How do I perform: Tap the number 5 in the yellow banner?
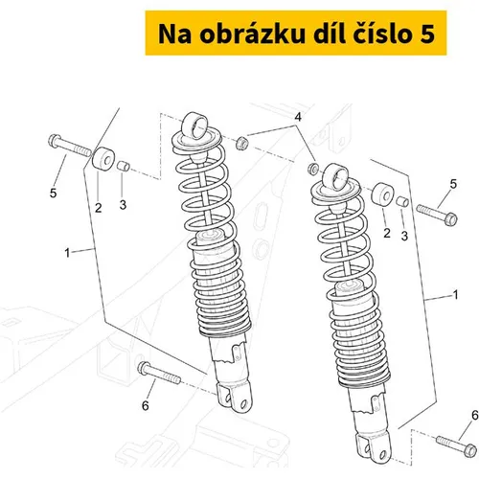pos(425,34)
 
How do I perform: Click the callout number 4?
pos(298,118)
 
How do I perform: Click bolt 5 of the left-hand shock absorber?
pos(70,146)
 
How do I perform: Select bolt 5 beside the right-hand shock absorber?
pos(437,215)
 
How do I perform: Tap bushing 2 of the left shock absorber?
pos(103,159)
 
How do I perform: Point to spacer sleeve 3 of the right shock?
pos(402,201)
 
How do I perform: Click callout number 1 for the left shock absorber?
pos(67,253)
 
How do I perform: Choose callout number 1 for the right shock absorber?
pos(456,294)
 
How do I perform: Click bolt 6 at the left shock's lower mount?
pos(159,374)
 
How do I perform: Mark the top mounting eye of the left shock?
pos(194,125)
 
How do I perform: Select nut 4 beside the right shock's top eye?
pos(312,168)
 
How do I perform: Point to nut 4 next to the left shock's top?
pos(241,143)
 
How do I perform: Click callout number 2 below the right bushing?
pos(387,233)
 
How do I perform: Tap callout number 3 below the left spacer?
pos(123,205)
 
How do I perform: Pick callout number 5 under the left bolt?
pos(53,193)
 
